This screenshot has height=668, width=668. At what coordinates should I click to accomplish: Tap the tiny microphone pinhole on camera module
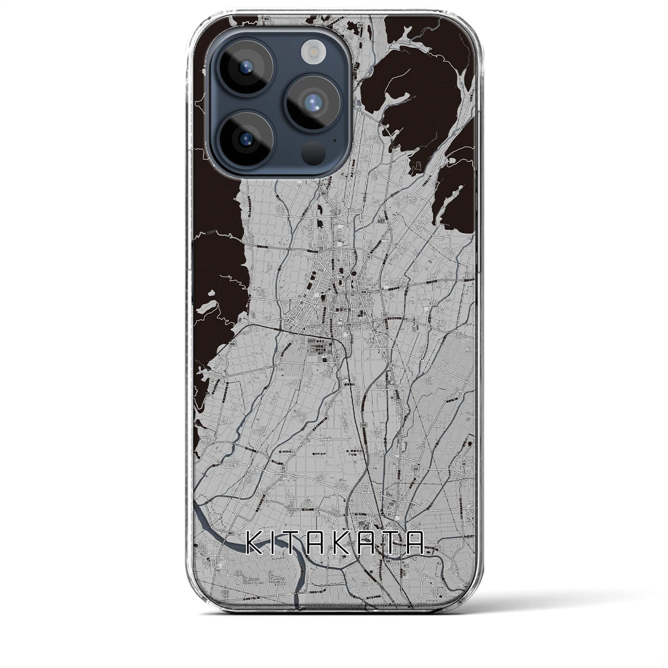click(x=333, y=140)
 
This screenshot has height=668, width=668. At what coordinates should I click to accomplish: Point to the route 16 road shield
click(x=368, y=257)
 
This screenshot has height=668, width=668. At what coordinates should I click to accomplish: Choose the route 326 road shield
click(x=217, y=344)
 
